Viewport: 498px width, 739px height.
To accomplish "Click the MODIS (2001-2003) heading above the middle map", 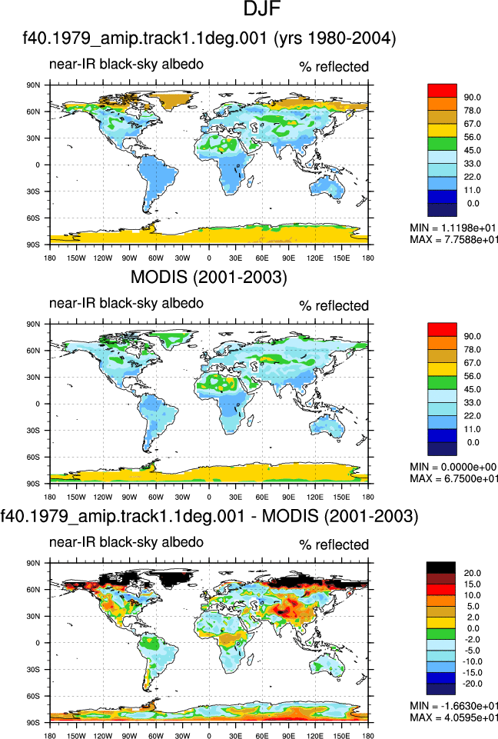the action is click(209, 277).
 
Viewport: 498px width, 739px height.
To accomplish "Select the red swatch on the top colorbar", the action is click(442, 91).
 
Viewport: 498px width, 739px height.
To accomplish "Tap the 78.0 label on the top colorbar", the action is click(472, 111).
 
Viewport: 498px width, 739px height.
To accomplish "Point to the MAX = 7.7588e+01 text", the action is click(453, 239).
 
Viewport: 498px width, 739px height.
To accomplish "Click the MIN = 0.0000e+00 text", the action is click(453, 467).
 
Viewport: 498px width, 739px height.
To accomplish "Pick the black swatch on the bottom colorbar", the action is click(441, 568).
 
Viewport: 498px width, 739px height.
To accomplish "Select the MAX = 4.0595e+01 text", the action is click(453, 717).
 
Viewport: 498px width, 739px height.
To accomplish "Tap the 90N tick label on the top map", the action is click(35, 85).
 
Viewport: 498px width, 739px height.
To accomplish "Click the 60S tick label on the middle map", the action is click(35, 457).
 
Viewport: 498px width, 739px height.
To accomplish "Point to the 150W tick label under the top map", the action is click(76, 258).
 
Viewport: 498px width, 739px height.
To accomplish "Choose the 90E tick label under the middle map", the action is click(289, 497).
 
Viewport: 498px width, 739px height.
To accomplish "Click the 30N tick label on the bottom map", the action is click(35, 617).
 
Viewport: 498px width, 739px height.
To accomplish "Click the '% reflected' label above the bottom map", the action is click(334, 544).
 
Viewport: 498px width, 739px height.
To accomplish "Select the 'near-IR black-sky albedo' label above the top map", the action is click(126, 64).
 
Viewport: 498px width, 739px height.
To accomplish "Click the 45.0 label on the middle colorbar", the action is click(472, 390).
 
